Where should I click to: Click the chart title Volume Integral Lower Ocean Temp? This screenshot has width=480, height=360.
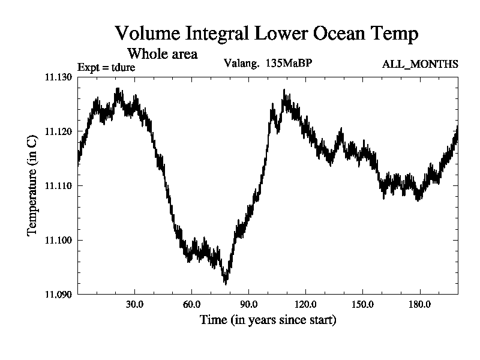point(266,33)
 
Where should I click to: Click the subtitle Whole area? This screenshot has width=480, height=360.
point(162,53)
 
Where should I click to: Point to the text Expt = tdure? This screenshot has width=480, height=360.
point(106,67)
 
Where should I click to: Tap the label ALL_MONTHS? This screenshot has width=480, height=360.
point(420,64)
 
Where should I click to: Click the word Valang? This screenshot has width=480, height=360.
point(241,63)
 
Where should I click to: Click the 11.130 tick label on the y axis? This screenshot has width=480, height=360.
point(58,77)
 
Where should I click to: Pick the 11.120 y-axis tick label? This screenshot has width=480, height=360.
point(58,131)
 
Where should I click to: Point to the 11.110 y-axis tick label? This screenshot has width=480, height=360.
point(58,186)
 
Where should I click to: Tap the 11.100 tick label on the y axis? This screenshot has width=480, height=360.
point(58,240)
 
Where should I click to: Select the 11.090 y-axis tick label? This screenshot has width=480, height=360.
point(58,295)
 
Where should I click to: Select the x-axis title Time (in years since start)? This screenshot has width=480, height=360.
point(268,320)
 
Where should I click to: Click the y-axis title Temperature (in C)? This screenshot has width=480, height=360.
point(33,186)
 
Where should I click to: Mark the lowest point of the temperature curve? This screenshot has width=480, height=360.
point(226,283)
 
